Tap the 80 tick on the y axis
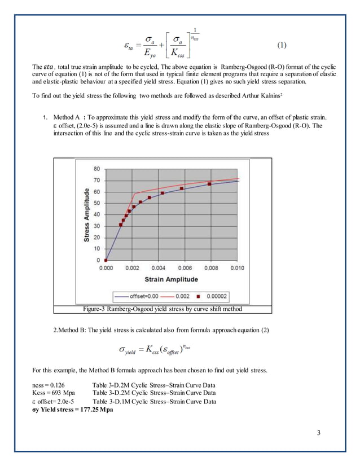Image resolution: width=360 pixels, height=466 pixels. pyautogui.click(x=97, y=169)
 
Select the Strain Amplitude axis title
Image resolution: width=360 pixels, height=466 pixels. pyautogui.click(x=171, y=279)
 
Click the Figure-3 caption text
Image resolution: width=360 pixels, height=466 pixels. pyautogui.click(x=163, y=309)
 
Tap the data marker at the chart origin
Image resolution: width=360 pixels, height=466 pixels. pyautogui.click(x=106, y=260)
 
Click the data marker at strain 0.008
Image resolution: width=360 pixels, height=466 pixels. pyautogui.click(x=210, y=184)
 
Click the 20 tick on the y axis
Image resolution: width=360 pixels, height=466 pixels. pyautogui.click(x=97, y=237)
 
